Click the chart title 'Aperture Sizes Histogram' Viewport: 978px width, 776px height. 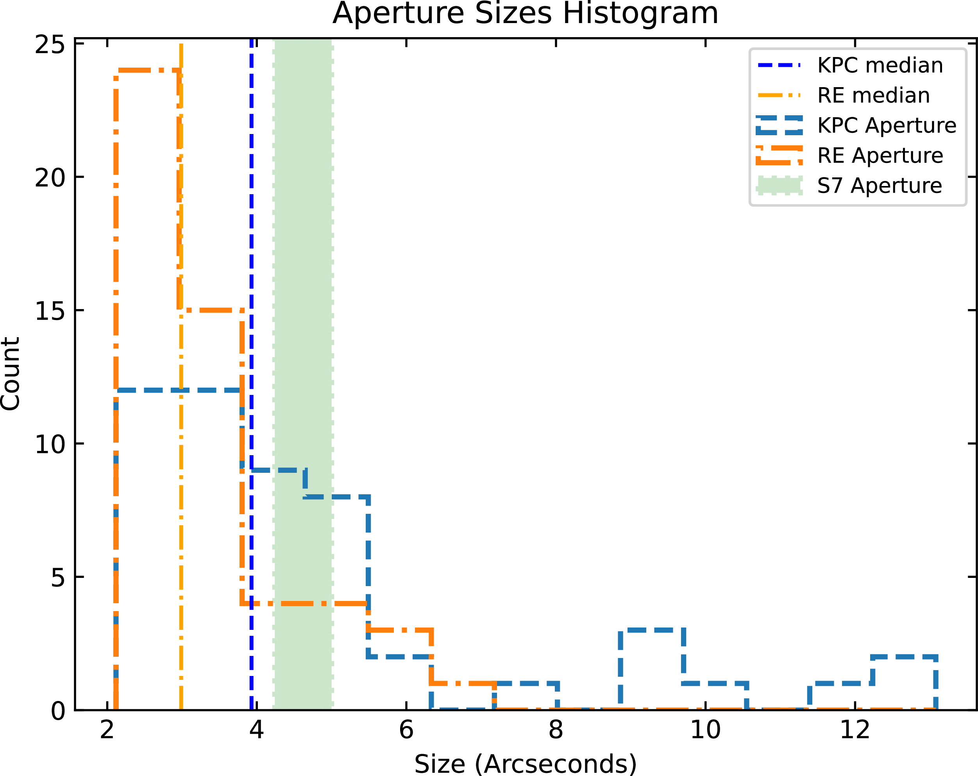pos(525,13)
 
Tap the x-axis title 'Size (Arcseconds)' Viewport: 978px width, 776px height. pos(525,763)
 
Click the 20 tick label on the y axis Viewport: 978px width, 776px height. pos(50,177)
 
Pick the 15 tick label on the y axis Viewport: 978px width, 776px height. pos(50,311)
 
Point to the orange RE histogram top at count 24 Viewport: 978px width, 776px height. pos(148,70)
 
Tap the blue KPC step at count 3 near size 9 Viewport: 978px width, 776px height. pos(651,630)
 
